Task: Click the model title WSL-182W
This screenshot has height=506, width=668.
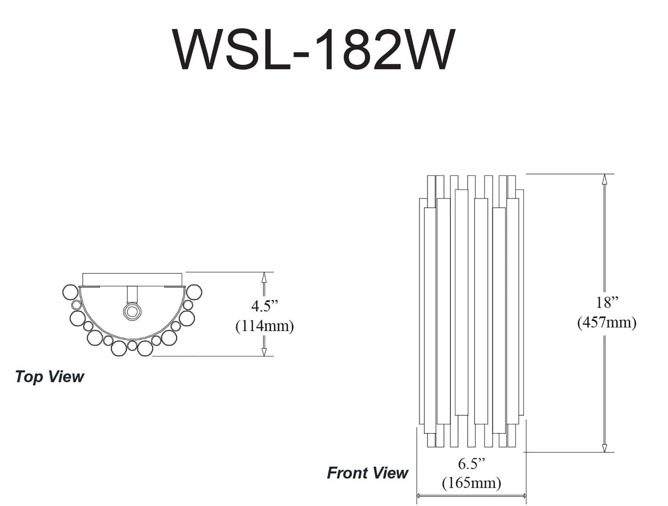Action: pyautogui.click(x=314, y=50)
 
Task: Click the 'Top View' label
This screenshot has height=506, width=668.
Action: pyautogui.click(x=49, y=377)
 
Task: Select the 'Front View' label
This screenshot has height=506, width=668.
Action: pyautogui.click(x=367, y=473)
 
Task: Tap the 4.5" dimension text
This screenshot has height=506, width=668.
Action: pyautogui.click(x=265, y=306)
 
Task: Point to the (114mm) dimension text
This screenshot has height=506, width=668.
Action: pyautogui.click(x=265, y=326)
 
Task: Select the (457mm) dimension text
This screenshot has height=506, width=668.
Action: pyautogui.click(x=607, y=322)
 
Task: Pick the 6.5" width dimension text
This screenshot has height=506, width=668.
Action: pyautogui.click(x=471, y=464)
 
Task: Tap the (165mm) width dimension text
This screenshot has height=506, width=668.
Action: pyautogui.click(x=471, y=483)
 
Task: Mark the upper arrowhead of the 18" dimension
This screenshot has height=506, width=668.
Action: pyautogui.click(x=604, y=179)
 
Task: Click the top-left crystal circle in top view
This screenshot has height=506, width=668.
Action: pyautogui.click(x=70, y=292)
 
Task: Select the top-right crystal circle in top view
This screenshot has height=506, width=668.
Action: pyautogui.click(x=194, y=292)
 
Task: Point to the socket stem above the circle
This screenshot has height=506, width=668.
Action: pyautogui.click(x=132, y=294)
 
